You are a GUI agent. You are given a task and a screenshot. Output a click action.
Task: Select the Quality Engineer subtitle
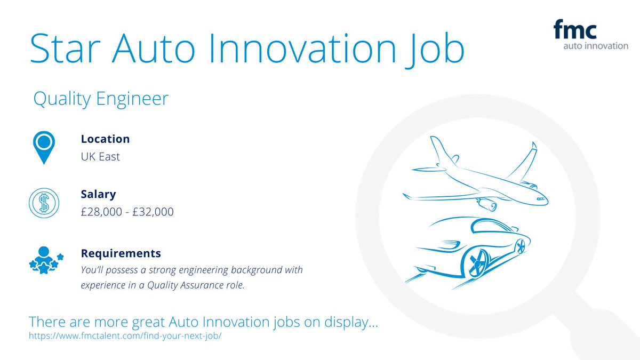pyautogui.click(x=100, y=99)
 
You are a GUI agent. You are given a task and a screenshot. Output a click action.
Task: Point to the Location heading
pyautogui.click(x=105, y=139)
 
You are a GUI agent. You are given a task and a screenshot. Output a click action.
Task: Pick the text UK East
pyautogui.click(x=100, y=157)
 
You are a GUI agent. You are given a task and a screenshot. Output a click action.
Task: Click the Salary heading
pyautogui.click(x=98, y=195)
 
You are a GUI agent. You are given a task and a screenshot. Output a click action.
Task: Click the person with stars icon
pyautogui.click(x=45, y=260)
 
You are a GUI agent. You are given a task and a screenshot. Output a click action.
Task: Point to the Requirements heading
pyautogui.click(x=121, y=253)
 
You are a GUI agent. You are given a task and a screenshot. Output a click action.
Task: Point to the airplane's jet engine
pyautogui.click(x=487, y=203)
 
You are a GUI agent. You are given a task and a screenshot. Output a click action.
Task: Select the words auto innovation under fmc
pyautogui.click(x=596, y=46)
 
